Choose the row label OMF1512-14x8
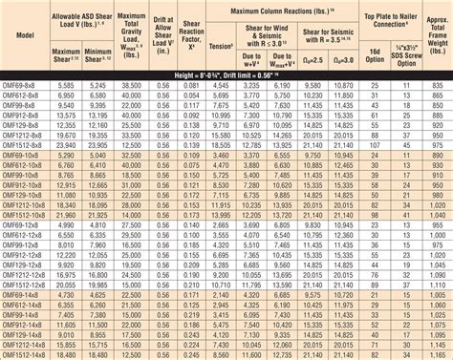click(x=23, y=354)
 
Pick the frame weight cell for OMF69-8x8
click(x=435, y=86)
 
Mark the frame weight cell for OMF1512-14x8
click(x=435, y=354)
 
